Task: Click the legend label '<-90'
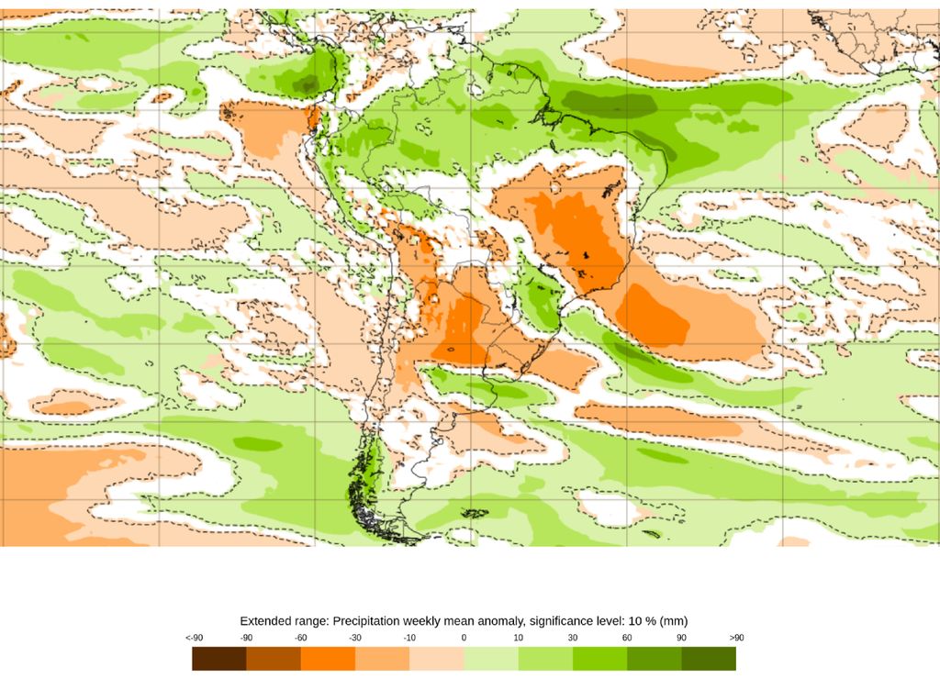[x=193, y=637]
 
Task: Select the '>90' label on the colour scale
[x=735, y=637]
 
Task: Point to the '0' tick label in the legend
[x=464, y=637]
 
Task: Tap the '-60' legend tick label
[x=301, y=637]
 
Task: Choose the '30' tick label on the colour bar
[x=573, y=637]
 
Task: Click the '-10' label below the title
[x=409, y=637]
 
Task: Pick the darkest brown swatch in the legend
[x=219, y=659]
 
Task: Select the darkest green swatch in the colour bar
[x=709, y=659]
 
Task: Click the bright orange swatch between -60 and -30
[x=328, y=659]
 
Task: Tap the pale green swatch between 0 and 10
[x=491, y=659]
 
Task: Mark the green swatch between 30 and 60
[x=599, y=659]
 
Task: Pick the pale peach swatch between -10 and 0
[x=437, y=659]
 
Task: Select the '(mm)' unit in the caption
[x=673, y=621]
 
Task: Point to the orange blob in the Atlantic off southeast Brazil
[x=654, y=317]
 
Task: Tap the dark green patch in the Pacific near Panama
[x=308, y=85]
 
